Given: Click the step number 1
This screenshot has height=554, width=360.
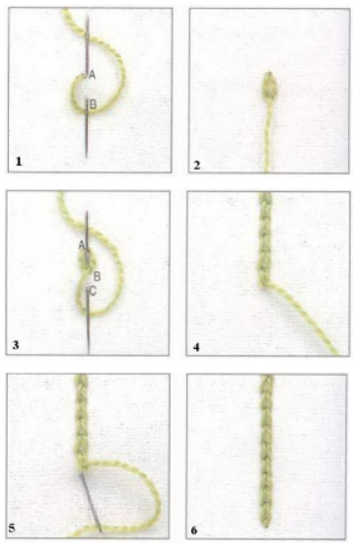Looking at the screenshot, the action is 19,162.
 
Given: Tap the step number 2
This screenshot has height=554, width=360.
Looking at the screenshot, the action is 197,165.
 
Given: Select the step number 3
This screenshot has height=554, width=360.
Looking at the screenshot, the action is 16,345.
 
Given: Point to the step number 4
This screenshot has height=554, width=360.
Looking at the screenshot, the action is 196,347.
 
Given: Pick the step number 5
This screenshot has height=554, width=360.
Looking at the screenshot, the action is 12,528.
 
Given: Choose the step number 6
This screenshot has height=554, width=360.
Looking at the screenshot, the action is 193,530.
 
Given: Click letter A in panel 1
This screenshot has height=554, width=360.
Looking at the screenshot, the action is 92,75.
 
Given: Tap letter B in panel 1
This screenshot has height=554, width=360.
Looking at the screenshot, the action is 93,104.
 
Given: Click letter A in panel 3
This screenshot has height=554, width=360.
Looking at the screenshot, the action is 82,244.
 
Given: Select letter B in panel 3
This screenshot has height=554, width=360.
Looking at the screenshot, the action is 97,276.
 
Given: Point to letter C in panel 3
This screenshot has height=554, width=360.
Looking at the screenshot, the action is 93,291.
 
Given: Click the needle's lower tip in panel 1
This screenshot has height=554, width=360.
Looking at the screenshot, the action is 86,157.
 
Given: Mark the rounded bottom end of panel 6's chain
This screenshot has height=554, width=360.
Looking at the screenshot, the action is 266,525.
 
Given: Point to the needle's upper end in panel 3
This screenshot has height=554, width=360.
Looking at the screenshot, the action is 87,212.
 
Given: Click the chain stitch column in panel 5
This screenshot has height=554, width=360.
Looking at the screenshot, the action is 81,422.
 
